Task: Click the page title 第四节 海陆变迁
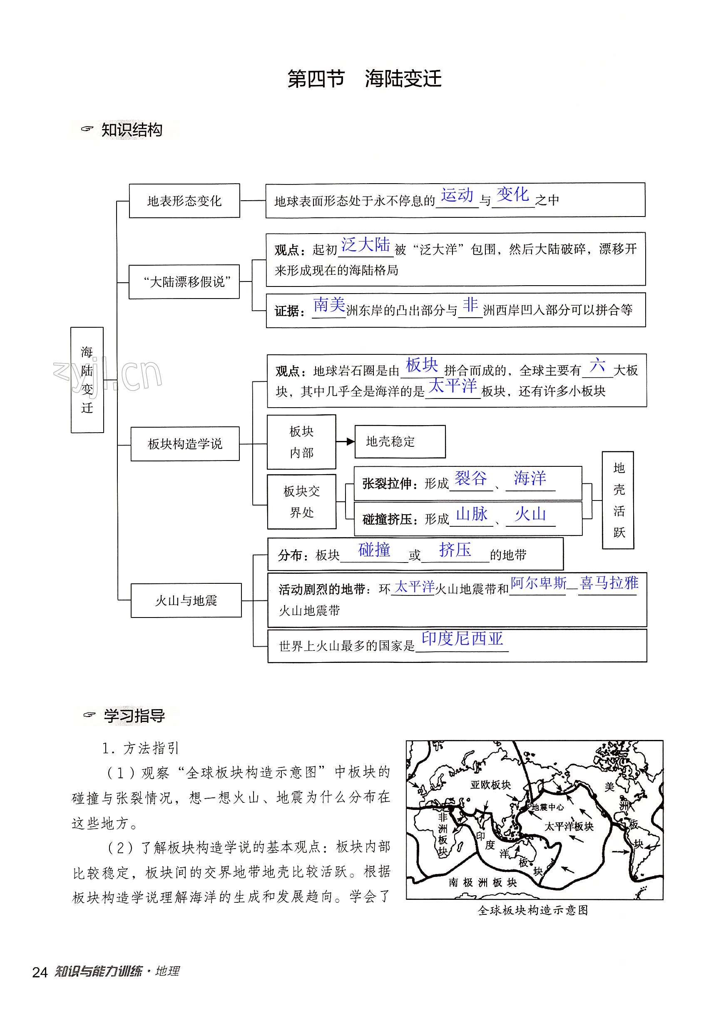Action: [364, 79]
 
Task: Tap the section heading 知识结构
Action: [132, 130]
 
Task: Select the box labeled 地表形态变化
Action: [184, 201]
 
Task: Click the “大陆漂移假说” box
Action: [184, 281]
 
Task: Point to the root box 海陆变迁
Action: [87, 380]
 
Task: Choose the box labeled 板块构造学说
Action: [185, 444]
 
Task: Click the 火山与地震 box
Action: [186, 600]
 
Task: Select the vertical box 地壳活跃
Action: [618, 501]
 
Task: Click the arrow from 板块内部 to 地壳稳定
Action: [345, 441]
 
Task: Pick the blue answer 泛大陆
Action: [365, 245]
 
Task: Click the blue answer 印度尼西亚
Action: [462, 639]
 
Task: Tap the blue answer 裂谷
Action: [471, 478]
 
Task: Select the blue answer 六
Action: [597, 366]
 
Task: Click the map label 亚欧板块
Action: [490, 784]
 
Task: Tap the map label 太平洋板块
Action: [569, 827]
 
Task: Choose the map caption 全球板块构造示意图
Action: [533, 910]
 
